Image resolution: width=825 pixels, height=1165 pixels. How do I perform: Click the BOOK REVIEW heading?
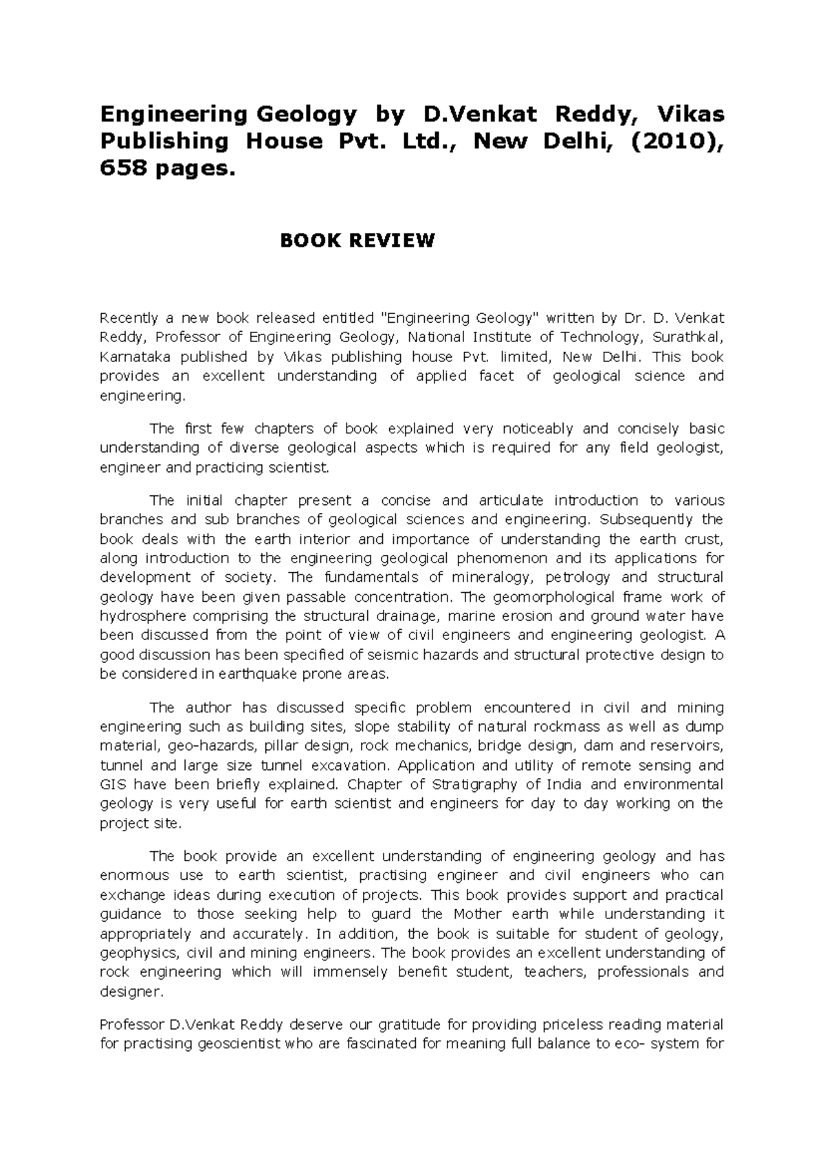click(356, 240)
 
